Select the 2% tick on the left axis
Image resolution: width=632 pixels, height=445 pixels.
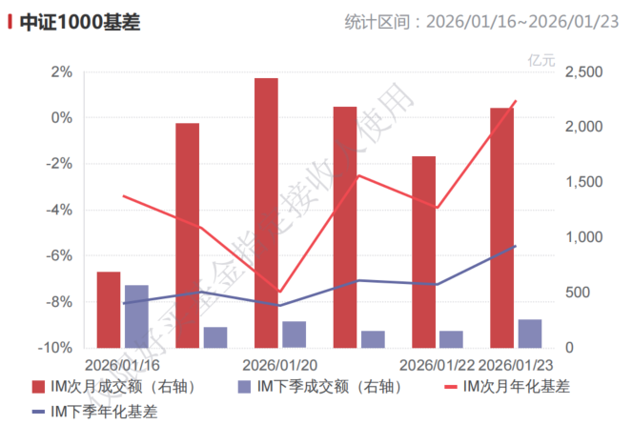61,72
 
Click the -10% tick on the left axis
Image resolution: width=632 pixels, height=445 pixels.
55,348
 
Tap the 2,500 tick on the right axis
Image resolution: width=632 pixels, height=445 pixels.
583,72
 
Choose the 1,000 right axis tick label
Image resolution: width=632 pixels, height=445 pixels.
583,237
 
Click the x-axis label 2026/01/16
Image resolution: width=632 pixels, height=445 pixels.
122,365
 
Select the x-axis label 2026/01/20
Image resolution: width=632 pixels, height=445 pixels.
279,365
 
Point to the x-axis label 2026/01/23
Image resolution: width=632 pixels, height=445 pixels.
516,365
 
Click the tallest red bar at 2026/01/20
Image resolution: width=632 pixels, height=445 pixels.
266,212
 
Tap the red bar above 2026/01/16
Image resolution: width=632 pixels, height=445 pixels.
109,310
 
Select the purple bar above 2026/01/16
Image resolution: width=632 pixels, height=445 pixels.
136,316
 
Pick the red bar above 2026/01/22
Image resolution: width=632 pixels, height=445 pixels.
423,252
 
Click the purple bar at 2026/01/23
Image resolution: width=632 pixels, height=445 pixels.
530,334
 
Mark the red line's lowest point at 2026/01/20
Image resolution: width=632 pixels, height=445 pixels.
279,292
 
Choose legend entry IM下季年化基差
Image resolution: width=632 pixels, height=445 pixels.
94,412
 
